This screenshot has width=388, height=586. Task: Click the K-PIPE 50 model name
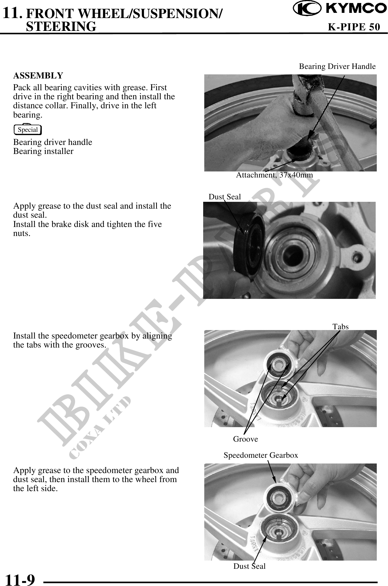[354, 27]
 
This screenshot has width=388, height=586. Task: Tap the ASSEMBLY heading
[38, 75]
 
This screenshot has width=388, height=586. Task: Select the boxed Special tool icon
[28, 130]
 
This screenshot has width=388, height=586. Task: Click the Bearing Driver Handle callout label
[337, 66]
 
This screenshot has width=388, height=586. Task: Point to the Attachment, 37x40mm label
[274, 175]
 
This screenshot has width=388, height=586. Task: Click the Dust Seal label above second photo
[225, 197]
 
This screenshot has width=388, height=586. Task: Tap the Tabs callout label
[340, 326]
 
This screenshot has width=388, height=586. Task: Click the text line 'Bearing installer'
[43, 151]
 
